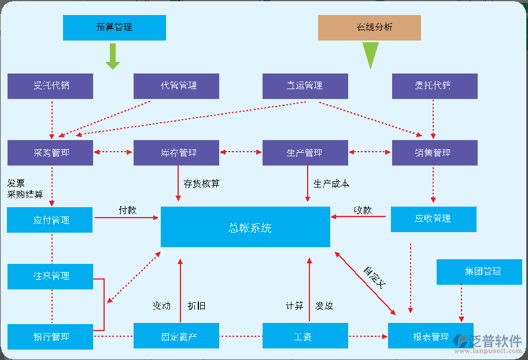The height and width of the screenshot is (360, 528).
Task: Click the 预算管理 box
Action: pyautogui.click(x=114, y=27)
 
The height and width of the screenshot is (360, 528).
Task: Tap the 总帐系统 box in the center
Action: pyautogui.click(x=245, y=227)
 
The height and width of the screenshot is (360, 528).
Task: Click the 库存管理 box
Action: pyautogui.click(x=176, y=153)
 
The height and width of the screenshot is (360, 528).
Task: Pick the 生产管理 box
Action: pyautogui.click(x=305, y=153)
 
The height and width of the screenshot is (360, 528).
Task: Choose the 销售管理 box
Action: pyautogui.click(x=434, y=153)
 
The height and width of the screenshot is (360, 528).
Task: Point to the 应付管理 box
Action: pyautogui.click(x=50, y=220)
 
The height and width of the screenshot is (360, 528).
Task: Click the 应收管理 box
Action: pyautogui.click(x=433, y=219)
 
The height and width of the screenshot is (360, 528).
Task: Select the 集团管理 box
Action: pyautogui.click(x=479, y=271)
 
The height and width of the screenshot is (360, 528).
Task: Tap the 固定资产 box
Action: pyautogui.click(x=176, y=336)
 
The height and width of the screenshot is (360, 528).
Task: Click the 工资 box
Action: pyautogui.click(x=305, y=336)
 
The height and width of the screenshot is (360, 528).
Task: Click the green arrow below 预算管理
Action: pyautogui.click(x=113, y=56)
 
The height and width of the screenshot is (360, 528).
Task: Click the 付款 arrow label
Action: pyautogui.click(x=127, y=210)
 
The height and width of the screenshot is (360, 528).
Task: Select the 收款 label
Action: pyautogui.click(x=363, y=210)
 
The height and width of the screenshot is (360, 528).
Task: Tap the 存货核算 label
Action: pyautogui.click(x=201, y=184)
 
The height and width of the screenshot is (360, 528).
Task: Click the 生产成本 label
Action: pyautogui.click(x=331, y=184)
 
